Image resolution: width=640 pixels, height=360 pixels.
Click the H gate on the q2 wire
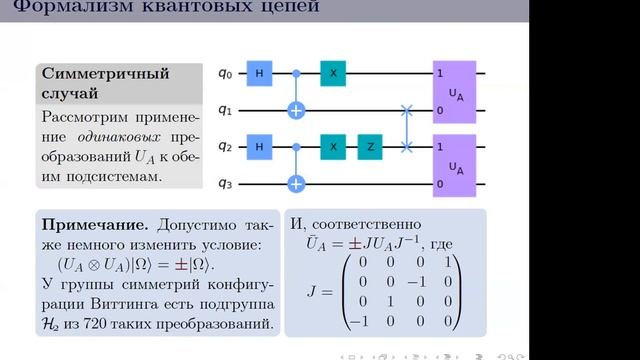tap(259, 146)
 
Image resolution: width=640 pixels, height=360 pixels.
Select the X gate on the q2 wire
tap(333, 146)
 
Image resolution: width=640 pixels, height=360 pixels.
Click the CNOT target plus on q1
tap(296, 110)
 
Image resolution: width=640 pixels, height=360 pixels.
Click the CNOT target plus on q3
tap(296, 184)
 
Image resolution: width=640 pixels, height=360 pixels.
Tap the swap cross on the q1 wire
tap(406, 110)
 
